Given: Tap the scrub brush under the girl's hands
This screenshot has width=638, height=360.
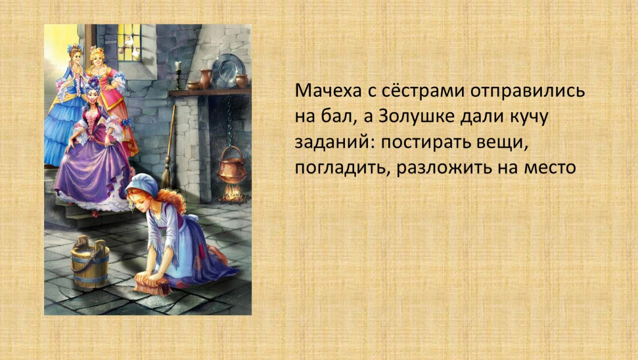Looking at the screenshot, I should coord(153,283).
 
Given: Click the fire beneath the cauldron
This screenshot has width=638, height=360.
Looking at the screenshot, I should coord(232,195).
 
